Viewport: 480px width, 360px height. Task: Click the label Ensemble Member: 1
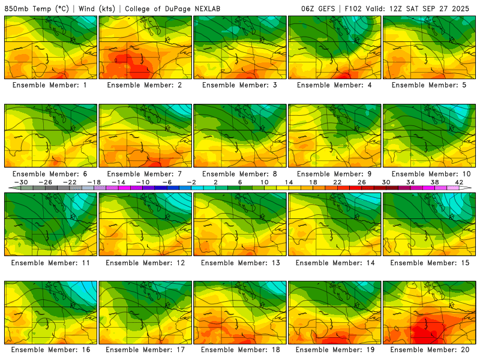tap(51, 85)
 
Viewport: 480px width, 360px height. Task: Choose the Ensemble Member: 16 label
tap(51, 350)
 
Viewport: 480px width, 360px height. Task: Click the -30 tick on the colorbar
tap(21, 182)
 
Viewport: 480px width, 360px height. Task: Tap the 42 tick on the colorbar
tap(459, 182)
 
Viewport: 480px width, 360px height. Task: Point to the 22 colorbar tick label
tap(337, 182)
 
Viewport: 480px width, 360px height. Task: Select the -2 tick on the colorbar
tap(191, 182)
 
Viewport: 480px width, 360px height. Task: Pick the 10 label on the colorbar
tap(265, 182)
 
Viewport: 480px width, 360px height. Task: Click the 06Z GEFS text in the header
tap(317, 9)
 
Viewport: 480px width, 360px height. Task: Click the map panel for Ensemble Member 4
tap(335, 47)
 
